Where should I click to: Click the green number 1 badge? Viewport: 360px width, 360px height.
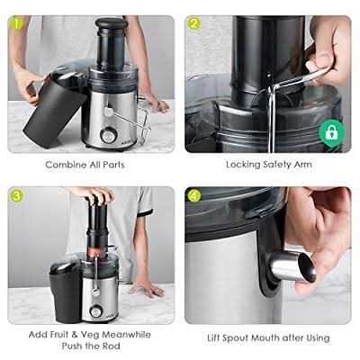click(15, 23)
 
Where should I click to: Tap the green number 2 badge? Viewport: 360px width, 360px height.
click(193, 23)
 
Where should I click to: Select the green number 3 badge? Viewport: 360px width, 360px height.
click(16, 194)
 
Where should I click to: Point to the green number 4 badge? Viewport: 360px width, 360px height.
click(193, 194)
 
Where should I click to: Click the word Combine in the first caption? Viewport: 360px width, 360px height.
click(66, 165)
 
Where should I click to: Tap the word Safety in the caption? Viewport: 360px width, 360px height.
click(273, 165)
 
